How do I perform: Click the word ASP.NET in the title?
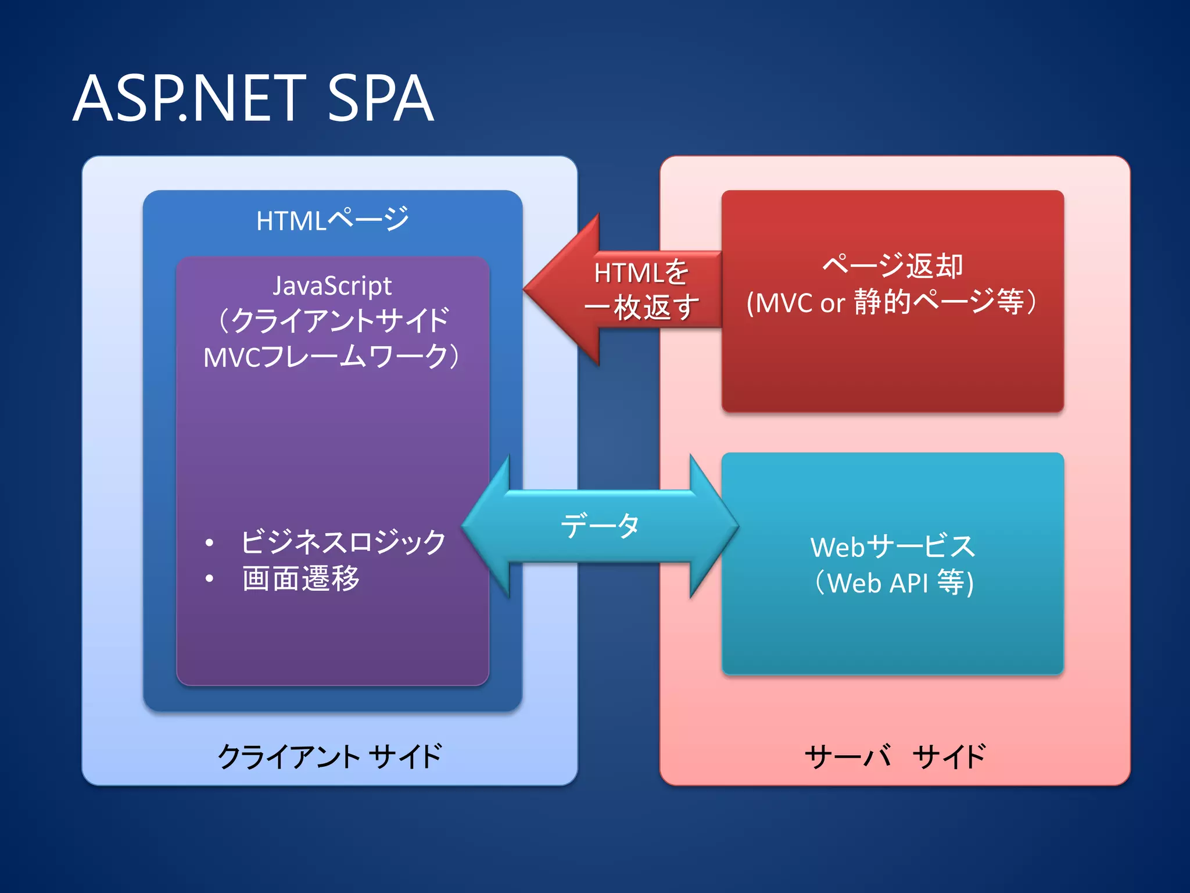[x=189, y=99]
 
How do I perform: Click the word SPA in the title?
[x=381, y=99]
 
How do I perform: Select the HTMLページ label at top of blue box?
[x=332, y=220]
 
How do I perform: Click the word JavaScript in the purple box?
[x=332, y=285]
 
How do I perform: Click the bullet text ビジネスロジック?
[x=343, y=542]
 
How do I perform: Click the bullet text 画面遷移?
[x=301, y=578]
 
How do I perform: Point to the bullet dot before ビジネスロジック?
[x=210, y=543]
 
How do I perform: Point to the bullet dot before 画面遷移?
[x=210, y=579]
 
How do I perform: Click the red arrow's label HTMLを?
[x=641, y=272]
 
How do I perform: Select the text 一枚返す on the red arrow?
[x=641, y=307]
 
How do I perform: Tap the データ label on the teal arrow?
[x=600, y=526]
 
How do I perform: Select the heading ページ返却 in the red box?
[x=892, y=266]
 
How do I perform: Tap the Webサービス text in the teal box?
[x=892, y=546]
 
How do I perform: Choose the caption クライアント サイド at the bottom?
[x=329, y=756]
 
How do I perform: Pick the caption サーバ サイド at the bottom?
[x=895, y=756]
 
